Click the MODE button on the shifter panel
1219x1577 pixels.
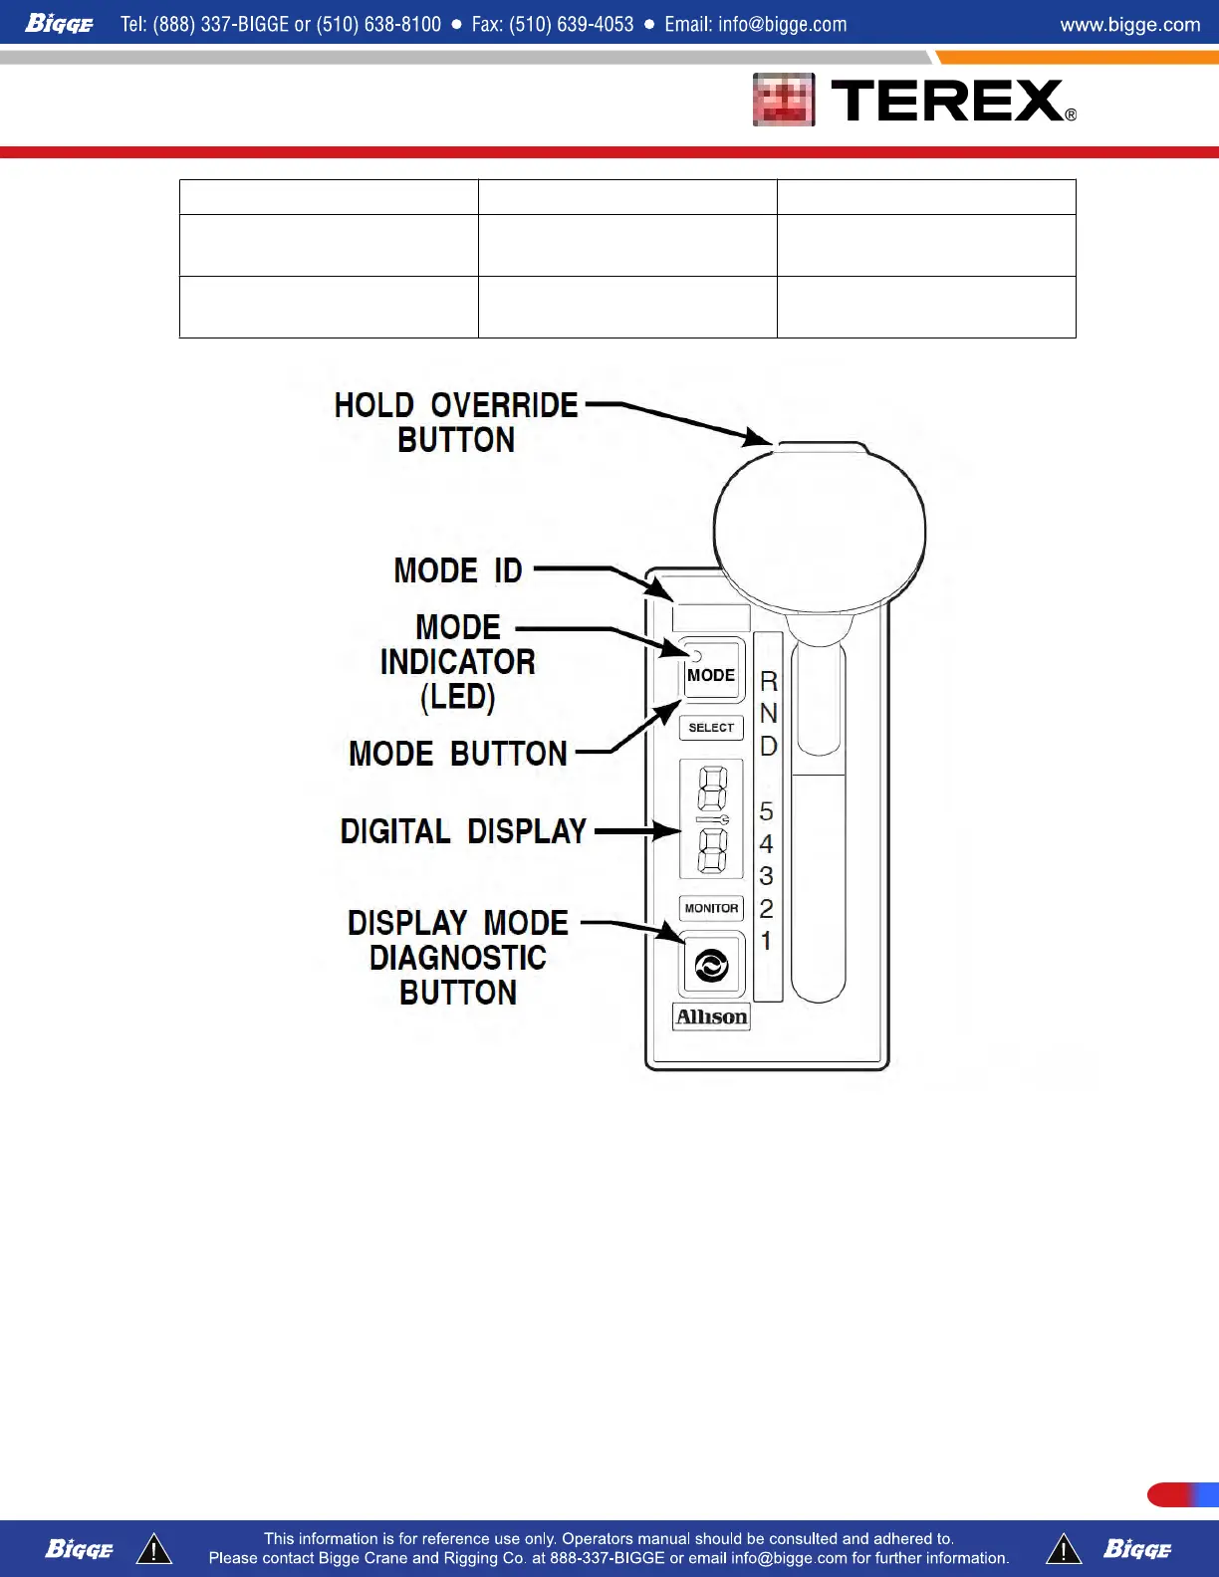(x=711, y=674)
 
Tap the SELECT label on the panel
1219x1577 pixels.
(x=711, y=728)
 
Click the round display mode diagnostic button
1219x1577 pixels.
(x=711, y=965)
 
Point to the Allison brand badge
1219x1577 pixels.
(x=711, y=1016)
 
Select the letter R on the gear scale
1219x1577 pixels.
(x=768, y=682)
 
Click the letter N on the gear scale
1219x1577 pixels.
(x=768, y=714)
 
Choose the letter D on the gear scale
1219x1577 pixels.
(x=768, y=746)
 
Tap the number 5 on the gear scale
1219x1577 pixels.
(x=766, y=811)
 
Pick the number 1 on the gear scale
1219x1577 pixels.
(x=766, y=940)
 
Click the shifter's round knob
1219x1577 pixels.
(x=820, y=528)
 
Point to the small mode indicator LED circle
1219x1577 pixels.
(x=696, y=656)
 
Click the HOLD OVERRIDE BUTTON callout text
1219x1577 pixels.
(x=456, y=422)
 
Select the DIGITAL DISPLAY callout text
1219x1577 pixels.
(x=463, y=831)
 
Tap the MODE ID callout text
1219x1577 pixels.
(x=458, y=570)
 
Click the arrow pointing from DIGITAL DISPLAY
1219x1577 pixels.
(x=637, y=831)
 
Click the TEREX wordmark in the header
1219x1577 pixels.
(x=946, y=101)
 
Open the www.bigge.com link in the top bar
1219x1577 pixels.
(x=1129, y=24)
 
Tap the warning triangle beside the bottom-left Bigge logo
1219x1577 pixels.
(x=154, y=1549)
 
